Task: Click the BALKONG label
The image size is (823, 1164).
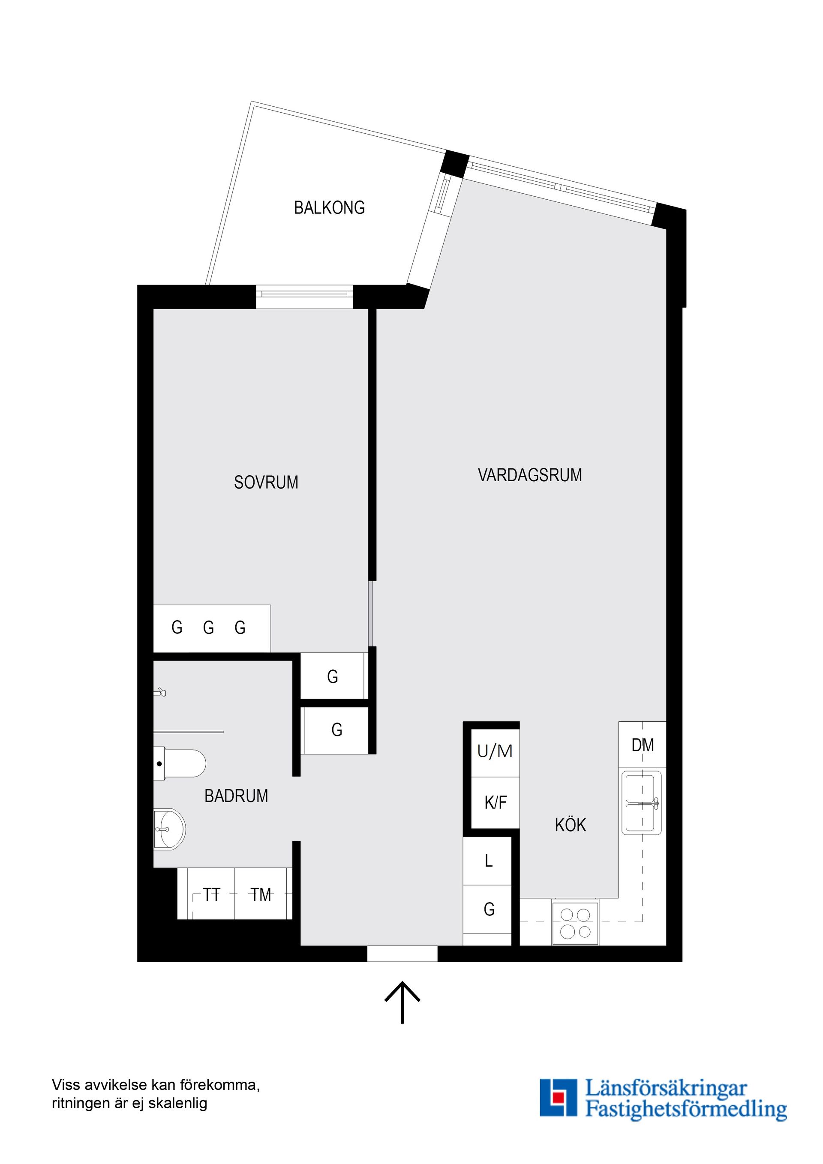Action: tap(329, 207)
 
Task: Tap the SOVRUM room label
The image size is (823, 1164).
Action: tap(266, 482)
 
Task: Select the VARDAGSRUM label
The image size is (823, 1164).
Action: tap(529, 475)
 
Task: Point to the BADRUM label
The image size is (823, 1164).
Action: tap(236, 796)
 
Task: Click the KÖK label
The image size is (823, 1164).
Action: tap(570, 825)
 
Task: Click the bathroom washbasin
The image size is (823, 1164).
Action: tap(169, 829)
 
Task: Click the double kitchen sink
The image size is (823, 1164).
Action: tap(641, 803)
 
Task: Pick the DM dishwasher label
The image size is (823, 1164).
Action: tap(643, 745)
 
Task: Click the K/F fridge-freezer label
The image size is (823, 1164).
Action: tap(496, 803)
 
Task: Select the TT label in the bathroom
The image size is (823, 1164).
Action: tap(211, 895)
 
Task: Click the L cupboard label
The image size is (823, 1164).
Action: tap(488, 860)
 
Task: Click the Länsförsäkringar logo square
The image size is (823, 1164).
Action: tap(558, 1098)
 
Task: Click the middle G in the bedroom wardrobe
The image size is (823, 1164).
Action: tap(208, 627)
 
